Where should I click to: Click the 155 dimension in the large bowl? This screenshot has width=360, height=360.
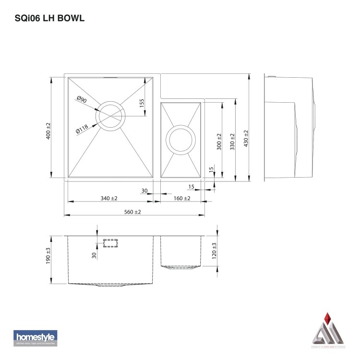click(x=142, y=103)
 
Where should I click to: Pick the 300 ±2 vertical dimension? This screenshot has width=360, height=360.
click(x=219, y=142)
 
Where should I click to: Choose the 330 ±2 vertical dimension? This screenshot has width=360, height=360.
click(x=233, y=142)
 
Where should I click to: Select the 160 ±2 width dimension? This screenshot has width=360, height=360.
click(x=181, y=198)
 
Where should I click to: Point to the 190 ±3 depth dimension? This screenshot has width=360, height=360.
click(x=48, y=256)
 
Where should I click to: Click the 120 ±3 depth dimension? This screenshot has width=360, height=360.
click(x=214, y=251)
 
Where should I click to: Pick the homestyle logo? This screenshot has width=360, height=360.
click(x=35, y=338)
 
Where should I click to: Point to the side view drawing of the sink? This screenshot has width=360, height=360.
click(x=289, y=128)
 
